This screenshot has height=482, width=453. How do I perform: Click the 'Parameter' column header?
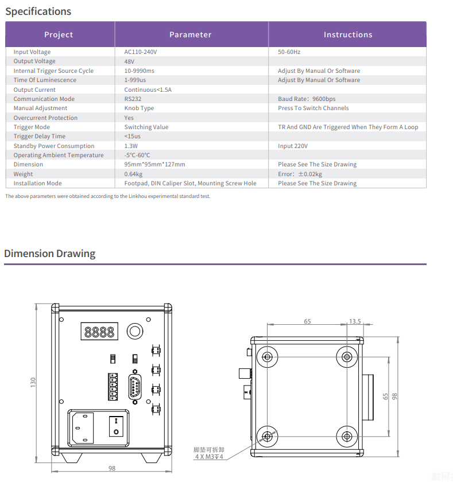[x=190, y=34]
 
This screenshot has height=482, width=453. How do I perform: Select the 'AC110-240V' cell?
[x=140, y=52]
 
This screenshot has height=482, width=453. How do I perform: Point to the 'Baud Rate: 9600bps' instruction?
[x=307, y=99]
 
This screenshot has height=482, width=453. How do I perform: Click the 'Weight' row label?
[x=23, y=174]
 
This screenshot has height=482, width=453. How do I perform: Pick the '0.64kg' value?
[x=133, y=174]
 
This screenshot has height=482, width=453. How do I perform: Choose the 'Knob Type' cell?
[x=139, y=108]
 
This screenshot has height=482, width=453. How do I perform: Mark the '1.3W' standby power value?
[x=131, y=146]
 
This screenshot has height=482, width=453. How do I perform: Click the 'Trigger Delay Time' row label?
[x=39, y=136]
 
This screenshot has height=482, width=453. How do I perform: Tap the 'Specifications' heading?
[x=38, y=11]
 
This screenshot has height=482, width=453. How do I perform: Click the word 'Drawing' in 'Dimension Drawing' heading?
[x=76, y=254]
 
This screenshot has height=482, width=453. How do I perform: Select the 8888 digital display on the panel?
[x=99, y=332]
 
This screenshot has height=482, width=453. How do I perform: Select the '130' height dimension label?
[x=33, y=380]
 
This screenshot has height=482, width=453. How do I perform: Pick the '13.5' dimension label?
[x=355, y=321]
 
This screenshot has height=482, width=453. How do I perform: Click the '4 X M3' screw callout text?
[x=208, y=457]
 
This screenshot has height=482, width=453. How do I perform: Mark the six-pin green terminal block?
[x=113, y=386]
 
